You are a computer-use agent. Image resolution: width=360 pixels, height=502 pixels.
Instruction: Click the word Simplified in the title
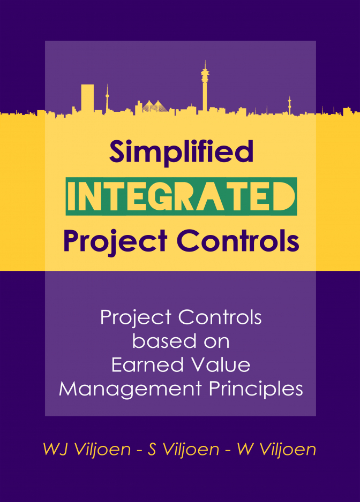click(x=182, y=151)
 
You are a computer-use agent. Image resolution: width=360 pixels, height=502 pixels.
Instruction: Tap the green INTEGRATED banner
click(x=181, y=196)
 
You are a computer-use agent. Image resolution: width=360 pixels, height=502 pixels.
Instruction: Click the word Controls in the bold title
click(x=237, y=240)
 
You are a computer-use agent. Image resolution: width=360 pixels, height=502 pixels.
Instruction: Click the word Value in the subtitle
click(x=221, y=365)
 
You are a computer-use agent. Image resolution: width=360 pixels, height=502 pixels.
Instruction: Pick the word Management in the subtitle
click(x=130, y=389)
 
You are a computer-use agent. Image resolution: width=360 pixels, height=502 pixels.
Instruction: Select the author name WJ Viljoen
click(x=87, y=449)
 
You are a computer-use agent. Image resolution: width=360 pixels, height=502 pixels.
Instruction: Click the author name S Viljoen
click(x=183, y=449)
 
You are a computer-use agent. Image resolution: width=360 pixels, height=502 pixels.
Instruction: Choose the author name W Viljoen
click(x=276, y=449)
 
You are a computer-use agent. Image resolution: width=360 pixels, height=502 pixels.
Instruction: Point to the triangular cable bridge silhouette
click(x=155, y=107)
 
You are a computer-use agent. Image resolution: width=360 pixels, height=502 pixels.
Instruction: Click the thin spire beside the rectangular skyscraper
click(x=107, y=98)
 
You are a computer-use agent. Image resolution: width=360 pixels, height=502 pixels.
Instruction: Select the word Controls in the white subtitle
click(x=220, y=317)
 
